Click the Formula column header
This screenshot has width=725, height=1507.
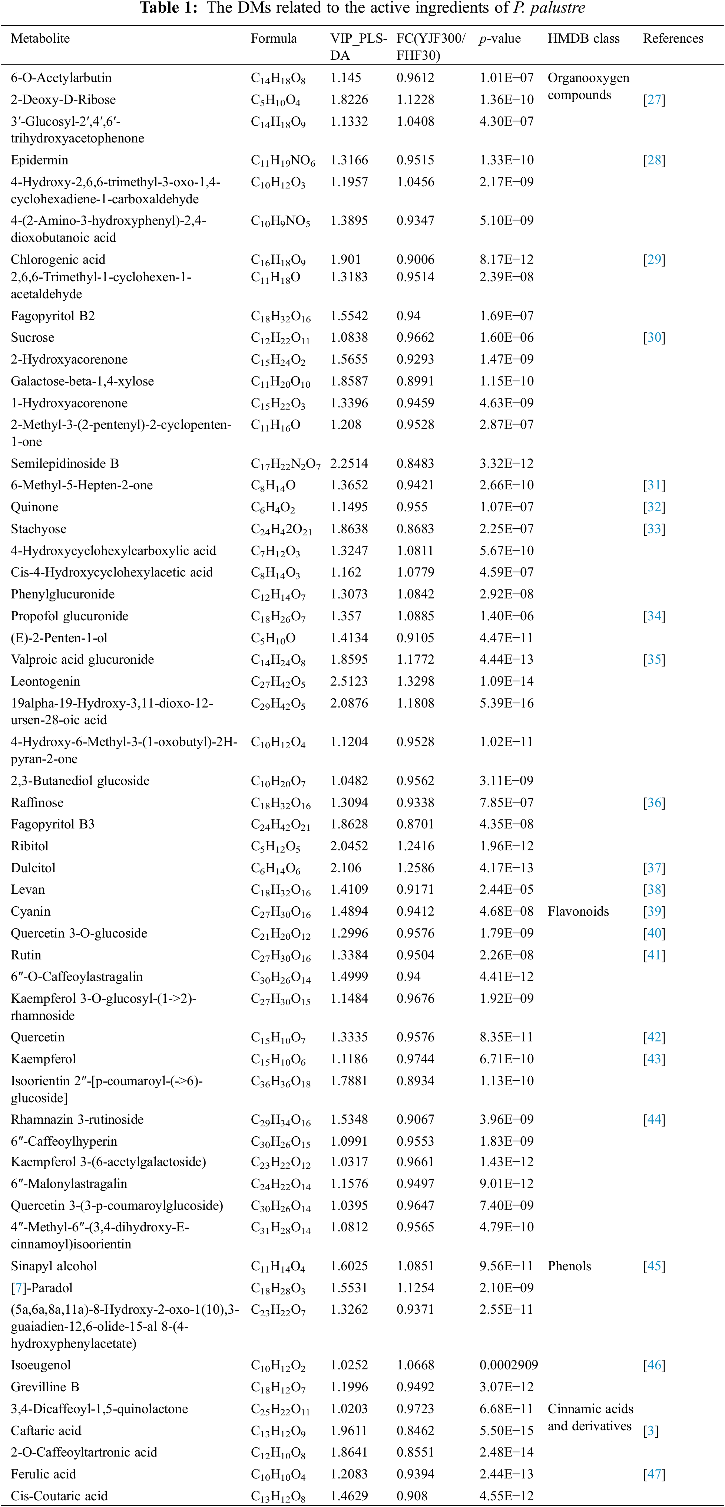tap(274, 39)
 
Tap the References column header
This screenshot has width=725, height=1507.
tap(673, 39)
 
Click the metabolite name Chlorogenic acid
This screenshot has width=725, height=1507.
tap(58, 260)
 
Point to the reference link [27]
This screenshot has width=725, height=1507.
tap(654, 100)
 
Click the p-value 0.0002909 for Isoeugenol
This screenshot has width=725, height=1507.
tap(509, 1365)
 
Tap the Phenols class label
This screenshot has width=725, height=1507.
tap(569, 1266)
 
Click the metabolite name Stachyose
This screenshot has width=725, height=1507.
tap(39, 529)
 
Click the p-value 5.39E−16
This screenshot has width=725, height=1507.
tap(506, 703)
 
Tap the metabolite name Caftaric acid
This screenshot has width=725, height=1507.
tap(46, 1430)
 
